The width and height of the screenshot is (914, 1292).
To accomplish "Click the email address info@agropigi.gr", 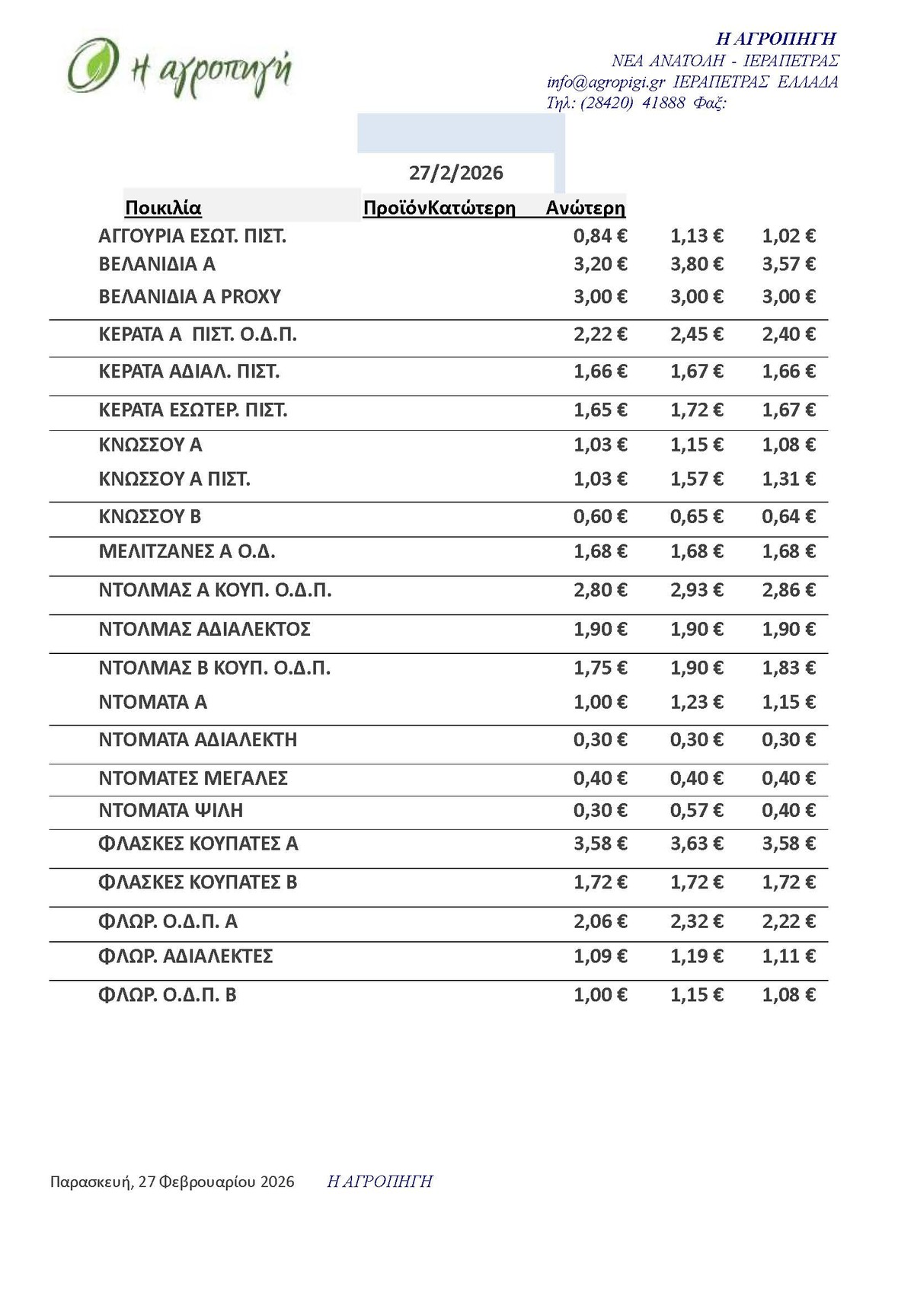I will (606, 82).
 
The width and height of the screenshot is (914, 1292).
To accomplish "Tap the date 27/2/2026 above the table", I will (455, 173).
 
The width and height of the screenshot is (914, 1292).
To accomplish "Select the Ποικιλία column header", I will (163, 208).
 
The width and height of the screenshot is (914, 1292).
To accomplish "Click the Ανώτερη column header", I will (585, 208).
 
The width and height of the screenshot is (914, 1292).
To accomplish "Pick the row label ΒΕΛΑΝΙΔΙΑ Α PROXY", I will (190, 296).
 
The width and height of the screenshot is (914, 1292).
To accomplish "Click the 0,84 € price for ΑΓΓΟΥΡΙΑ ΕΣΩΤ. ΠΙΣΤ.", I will (600, 236).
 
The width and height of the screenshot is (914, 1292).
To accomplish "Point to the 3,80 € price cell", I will (696, 264).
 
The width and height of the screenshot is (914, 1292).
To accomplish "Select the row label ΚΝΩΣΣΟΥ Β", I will (150, 517).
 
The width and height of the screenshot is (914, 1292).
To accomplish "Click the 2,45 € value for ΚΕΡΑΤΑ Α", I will (696, 334).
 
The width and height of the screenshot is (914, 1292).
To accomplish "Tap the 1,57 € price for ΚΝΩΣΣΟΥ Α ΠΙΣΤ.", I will (696, 479).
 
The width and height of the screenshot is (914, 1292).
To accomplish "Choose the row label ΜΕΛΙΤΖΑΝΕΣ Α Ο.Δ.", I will (187, 551).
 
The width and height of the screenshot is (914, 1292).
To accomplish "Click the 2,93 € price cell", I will (696, 590).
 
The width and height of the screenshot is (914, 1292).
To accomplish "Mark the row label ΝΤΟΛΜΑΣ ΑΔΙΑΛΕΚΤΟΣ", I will (205, 630).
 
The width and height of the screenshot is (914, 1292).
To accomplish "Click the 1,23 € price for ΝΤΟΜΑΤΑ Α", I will (696, 702).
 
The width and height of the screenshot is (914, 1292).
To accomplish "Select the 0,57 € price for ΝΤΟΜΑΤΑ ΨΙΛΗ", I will (696, 811).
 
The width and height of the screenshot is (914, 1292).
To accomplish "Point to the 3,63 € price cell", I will (696, 844).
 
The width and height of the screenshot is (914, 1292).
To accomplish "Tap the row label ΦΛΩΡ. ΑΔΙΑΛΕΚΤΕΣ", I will (186, 956).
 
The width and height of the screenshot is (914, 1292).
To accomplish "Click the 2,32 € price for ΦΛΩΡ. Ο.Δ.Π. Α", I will (696, 922).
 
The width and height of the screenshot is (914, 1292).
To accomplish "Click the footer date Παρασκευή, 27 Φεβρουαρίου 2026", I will (172, 1182).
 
